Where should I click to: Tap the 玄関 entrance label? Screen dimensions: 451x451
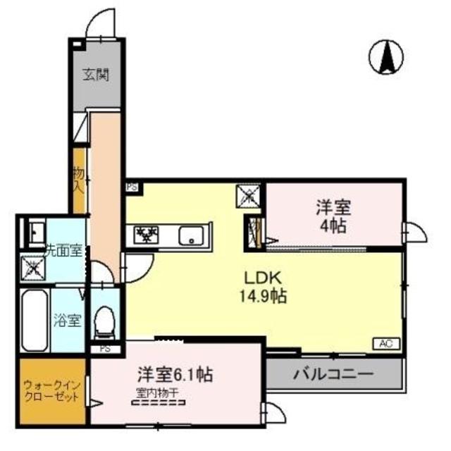[x=99, y=73]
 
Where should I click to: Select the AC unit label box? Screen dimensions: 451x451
[x=385, y=343]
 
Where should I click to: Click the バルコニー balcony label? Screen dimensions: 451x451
[x=333, y=372]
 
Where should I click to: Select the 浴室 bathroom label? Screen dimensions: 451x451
[x=66, y=319]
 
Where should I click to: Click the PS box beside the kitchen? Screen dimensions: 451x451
[x=132, y=188]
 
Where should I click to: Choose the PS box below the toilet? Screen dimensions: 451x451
[x=104, y=348]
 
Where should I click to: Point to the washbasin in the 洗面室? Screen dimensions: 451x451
[x=34, y=232]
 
